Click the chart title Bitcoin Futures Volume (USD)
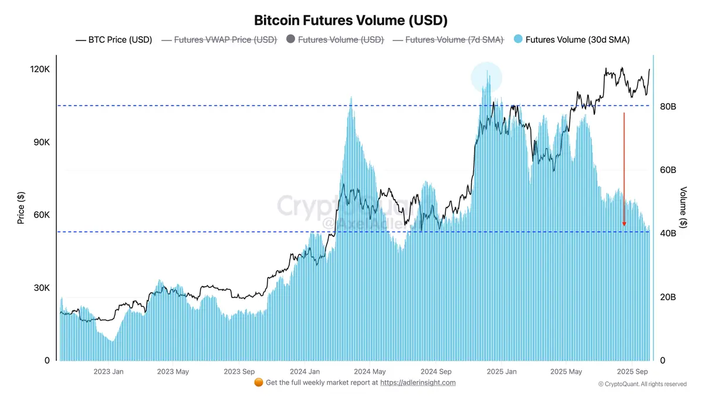tap(351, 21)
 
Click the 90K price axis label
tap(42, 143)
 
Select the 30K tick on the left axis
tap(42, 288)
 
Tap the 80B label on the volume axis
tap(668, 107)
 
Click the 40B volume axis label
tap(668, 233)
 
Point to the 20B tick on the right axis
tap(668, 297)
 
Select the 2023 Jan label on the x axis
tap(109, 371)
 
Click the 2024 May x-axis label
tap(370, 371)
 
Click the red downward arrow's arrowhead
tap(624, 224)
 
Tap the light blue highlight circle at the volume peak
tap(486, 77)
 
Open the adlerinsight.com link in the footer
tap(418, 383)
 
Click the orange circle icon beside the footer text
tap(258, 383)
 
